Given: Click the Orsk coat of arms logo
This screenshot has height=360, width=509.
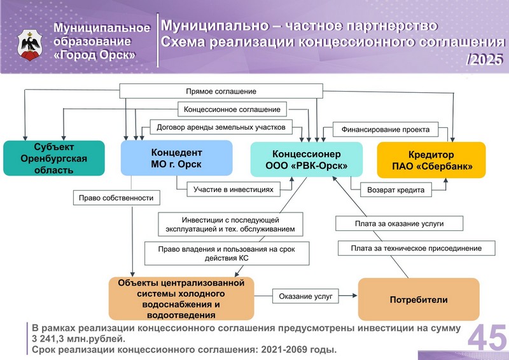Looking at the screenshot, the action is (30, 45).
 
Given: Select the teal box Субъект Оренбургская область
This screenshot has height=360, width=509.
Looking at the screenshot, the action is (54, 158).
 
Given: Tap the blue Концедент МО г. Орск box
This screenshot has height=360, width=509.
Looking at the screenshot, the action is (177, 158).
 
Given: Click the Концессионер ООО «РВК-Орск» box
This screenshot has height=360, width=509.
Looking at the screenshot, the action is (307, 160).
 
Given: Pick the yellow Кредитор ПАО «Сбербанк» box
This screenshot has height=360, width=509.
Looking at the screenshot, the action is (431, 160).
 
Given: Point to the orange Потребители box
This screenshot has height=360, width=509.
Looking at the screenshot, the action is (419, 300).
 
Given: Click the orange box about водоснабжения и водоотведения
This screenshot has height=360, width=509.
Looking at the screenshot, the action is (181, 299).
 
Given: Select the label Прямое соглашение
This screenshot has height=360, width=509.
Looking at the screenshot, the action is (221, 91).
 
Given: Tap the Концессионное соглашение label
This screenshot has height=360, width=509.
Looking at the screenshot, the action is (232, 109).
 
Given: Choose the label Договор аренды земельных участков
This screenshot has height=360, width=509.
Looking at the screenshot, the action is (221, 127).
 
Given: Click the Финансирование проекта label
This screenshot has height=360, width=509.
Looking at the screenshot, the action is (386, 130).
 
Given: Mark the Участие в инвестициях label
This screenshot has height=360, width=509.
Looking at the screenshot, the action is (234, 190).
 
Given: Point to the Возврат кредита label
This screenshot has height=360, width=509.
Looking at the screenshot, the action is (396, 190).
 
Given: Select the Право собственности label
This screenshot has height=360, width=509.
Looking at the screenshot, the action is (116, 198).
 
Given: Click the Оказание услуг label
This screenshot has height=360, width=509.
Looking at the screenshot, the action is (306, 296).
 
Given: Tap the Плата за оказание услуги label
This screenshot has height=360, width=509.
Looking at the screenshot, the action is (400, 223).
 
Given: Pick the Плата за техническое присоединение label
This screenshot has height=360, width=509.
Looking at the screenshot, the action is (417, 248).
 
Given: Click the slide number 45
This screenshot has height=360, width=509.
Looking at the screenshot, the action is (487, 338).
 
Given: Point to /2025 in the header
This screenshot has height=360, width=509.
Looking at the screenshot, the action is (484, 59).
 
